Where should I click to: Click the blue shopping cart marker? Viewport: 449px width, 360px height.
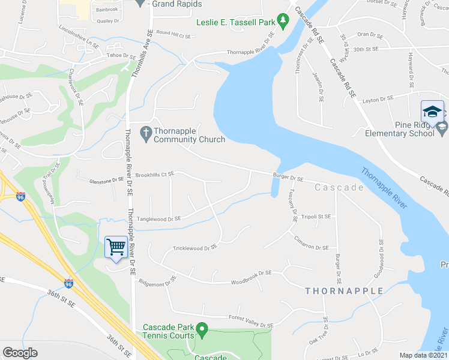tap(115, 247)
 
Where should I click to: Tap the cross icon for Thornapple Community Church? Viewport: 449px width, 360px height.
tap(145, 131)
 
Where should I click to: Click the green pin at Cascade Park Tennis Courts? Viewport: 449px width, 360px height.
tap(203, 329)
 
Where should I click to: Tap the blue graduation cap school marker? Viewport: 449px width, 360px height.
tap(432, 112)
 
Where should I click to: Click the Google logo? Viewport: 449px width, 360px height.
tap(20, 353)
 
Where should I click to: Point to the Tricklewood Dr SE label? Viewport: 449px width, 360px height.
tap(194, 247)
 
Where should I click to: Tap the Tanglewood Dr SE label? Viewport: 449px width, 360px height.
tap(159, 219)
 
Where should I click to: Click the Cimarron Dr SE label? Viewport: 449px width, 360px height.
tap(311, 247)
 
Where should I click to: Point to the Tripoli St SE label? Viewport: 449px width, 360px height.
tap(316, 216)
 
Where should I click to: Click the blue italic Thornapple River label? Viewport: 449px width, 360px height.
tap(384, 188)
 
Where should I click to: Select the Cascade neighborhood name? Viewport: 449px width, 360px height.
tap(339, 188)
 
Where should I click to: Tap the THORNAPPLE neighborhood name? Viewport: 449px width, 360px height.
tap(344, 291)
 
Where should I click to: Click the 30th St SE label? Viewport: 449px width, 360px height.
tap(368, 49)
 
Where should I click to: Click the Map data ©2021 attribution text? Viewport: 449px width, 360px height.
tap(423, 355)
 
